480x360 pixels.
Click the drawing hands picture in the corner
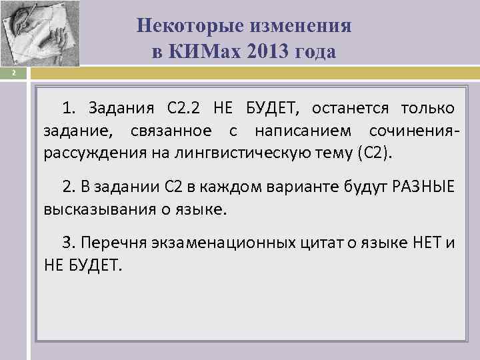(39, 33)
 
